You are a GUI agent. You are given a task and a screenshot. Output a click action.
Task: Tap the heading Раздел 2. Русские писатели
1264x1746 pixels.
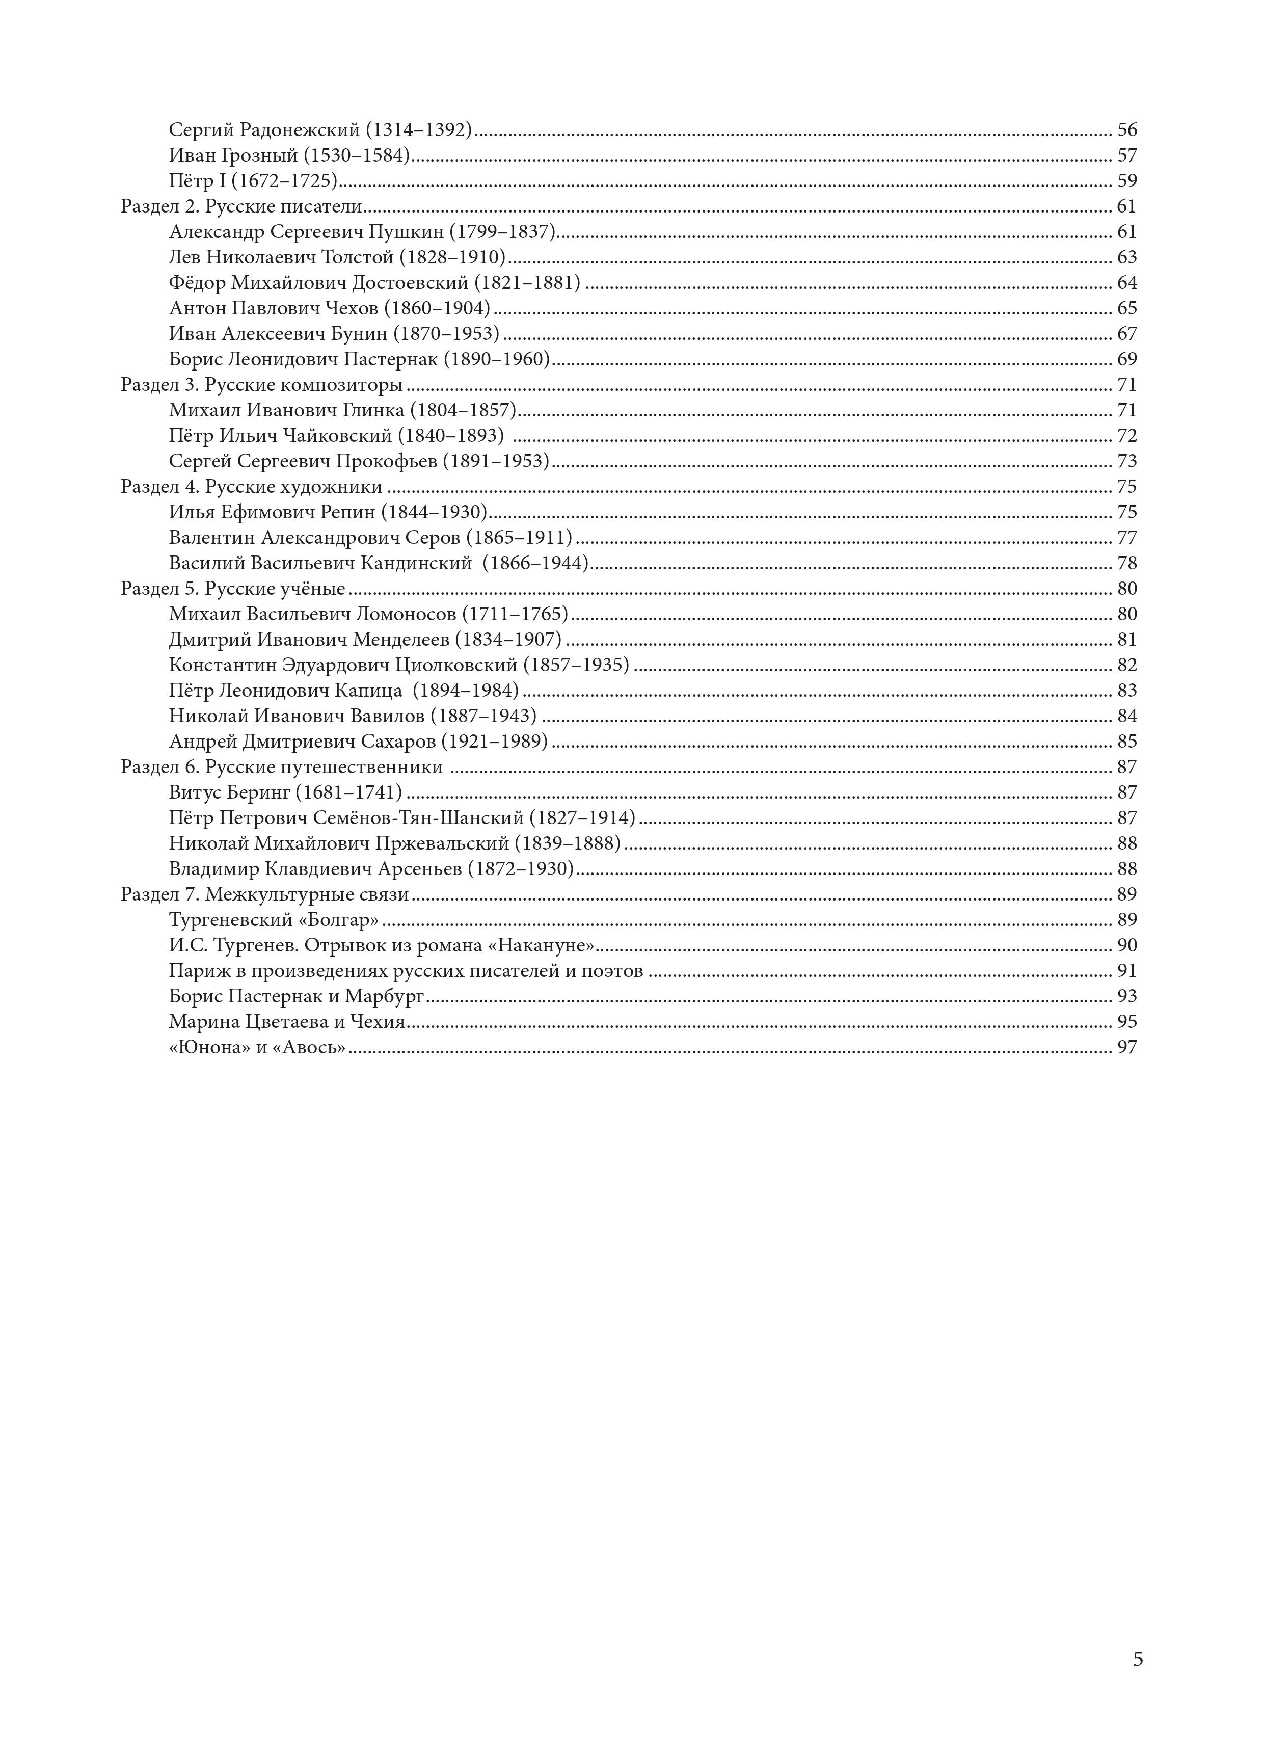coord(241,206)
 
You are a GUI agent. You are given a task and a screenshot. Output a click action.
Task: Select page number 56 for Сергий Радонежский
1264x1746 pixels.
coord(1127,130)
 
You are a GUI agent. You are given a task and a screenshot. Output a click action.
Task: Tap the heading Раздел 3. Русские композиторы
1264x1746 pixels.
coord(262,385)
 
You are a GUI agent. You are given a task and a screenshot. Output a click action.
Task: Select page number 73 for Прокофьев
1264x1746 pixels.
coord(1127,461)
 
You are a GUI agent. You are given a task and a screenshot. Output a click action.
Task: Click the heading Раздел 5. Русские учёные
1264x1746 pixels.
coord(232,589)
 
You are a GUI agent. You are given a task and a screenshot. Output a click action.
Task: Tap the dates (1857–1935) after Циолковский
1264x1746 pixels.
coord(576,665)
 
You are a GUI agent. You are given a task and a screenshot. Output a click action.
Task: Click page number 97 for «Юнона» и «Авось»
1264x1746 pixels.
coord(1127,1047)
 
